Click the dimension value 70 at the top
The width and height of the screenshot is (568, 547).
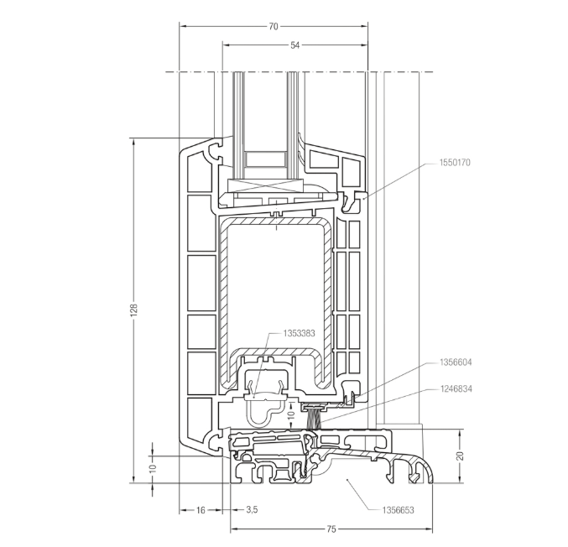pos(274,26)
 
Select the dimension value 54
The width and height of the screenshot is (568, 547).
pos(294,44)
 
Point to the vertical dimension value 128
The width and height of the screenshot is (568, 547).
pos(133,310)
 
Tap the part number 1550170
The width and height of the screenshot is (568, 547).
pos(455,162)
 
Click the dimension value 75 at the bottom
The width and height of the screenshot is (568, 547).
pos(331,529)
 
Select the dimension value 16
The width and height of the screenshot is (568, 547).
pos(201,509)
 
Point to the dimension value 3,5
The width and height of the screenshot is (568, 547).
pos(251,509)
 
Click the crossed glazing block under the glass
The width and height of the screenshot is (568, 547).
pos(264,185)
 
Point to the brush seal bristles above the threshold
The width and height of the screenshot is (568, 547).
pos(315,416)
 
